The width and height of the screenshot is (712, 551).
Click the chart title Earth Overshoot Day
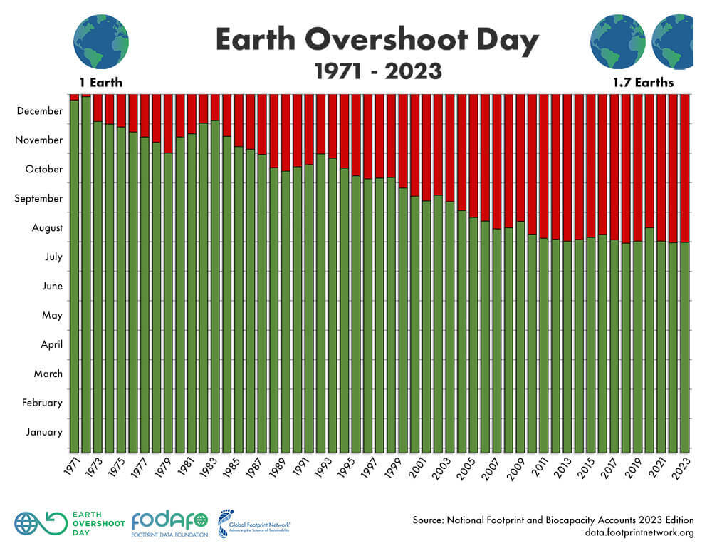[377, 41]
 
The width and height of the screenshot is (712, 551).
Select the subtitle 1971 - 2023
[377, 71]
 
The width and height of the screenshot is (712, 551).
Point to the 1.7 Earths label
[643, 83]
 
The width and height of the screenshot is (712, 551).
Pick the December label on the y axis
[39, 111]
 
